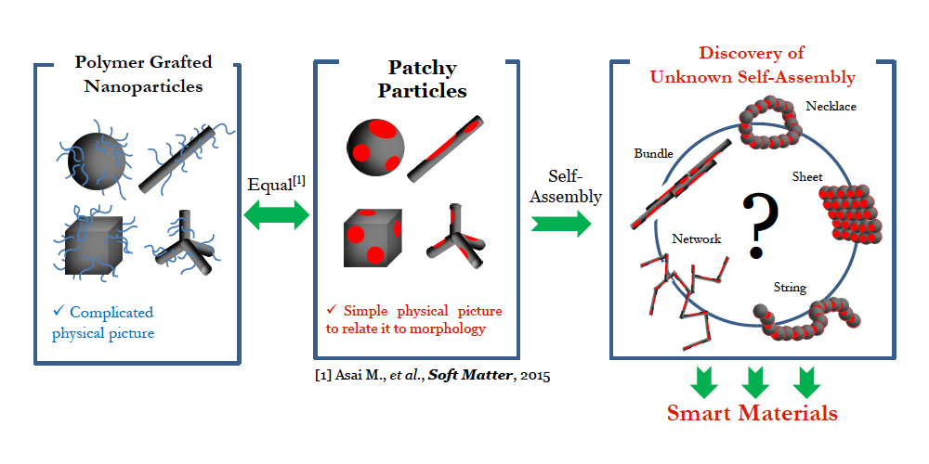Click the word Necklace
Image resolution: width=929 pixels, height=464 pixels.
pos(831,107)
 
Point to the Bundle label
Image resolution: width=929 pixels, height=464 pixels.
pos(653,153)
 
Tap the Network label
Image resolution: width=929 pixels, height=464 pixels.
pos(696,238)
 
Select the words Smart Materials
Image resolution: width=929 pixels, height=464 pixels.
pos(753,412)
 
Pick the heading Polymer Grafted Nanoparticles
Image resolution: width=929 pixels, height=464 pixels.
pos(144,74)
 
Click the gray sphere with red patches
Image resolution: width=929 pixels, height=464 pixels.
pos(376,147)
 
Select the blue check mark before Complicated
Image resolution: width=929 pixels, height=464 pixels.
pos(58,312)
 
